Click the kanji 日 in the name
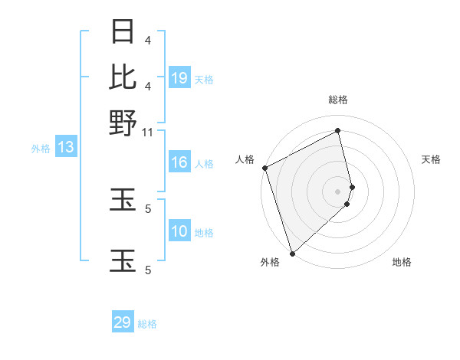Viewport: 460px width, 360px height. (123, 32)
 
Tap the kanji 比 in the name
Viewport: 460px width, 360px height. (123, 77)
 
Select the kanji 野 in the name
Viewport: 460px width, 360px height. (123, 122)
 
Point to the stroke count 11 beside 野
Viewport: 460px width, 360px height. (148, 132)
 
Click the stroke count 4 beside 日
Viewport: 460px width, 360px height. (148, 40)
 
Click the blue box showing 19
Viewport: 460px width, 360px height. (179, 78)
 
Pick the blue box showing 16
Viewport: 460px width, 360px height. (179, 162)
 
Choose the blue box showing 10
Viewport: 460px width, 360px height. (179, 231)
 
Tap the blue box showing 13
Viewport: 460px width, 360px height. (65, 148)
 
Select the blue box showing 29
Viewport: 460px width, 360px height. (123, 322)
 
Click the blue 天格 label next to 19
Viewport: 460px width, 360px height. (204, 79)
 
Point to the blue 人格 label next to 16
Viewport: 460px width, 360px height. (204, 163)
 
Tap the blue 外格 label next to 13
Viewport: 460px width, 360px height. (41, 149)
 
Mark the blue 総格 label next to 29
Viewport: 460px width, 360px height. (147, 323)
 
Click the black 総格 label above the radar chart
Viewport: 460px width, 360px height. (338, 100)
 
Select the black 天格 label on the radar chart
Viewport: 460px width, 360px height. (432, 159)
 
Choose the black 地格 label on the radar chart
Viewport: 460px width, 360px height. (402, 262)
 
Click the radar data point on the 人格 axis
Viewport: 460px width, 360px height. (264, 168)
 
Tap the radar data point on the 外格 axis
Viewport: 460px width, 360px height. (292, 253)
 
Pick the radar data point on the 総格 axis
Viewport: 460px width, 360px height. (338, 131)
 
